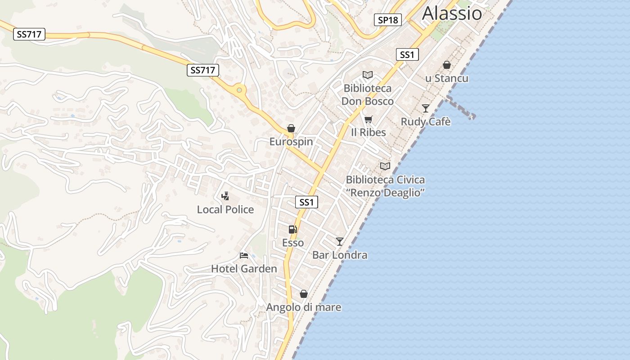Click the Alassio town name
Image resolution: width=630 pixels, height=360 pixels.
[452, 13]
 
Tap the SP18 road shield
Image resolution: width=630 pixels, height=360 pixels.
[387, 20]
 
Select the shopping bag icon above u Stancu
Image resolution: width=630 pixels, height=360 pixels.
[447, 65]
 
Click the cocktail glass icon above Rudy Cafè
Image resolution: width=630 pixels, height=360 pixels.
[426, 108]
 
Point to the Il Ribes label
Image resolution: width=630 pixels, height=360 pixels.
[369, 132]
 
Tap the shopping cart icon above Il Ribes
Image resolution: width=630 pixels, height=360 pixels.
[369, 119]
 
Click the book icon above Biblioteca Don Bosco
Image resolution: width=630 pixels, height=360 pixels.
[368, 75]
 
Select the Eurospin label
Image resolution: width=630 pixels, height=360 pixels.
[291, 142]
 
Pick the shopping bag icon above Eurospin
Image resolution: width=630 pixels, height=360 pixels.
[291, 129]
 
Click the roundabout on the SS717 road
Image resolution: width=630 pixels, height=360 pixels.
[239, 90]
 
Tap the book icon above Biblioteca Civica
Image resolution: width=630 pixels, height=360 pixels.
[385, 166]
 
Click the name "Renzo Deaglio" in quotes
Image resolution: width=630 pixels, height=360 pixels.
[385, 193]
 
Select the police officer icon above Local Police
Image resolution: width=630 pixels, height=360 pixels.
[225, 196]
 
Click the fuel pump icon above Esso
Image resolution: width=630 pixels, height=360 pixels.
[293, 229]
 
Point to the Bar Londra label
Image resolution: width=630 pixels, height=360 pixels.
[340, 255]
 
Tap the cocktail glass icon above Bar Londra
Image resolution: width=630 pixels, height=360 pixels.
[340, 242]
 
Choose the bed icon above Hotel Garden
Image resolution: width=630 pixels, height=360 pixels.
[244, 256]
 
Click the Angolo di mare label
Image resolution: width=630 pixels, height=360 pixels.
[304, 307]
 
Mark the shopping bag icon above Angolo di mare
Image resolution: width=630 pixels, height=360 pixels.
[304, 294]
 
